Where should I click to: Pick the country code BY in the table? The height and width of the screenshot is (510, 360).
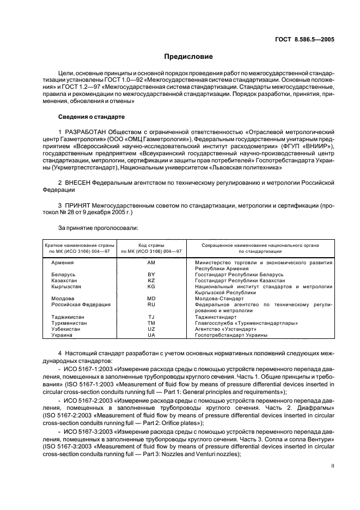click(151, 274)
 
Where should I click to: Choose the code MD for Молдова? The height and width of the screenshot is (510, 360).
click(151, 298)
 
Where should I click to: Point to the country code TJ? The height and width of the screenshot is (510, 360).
click(151, 316)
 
